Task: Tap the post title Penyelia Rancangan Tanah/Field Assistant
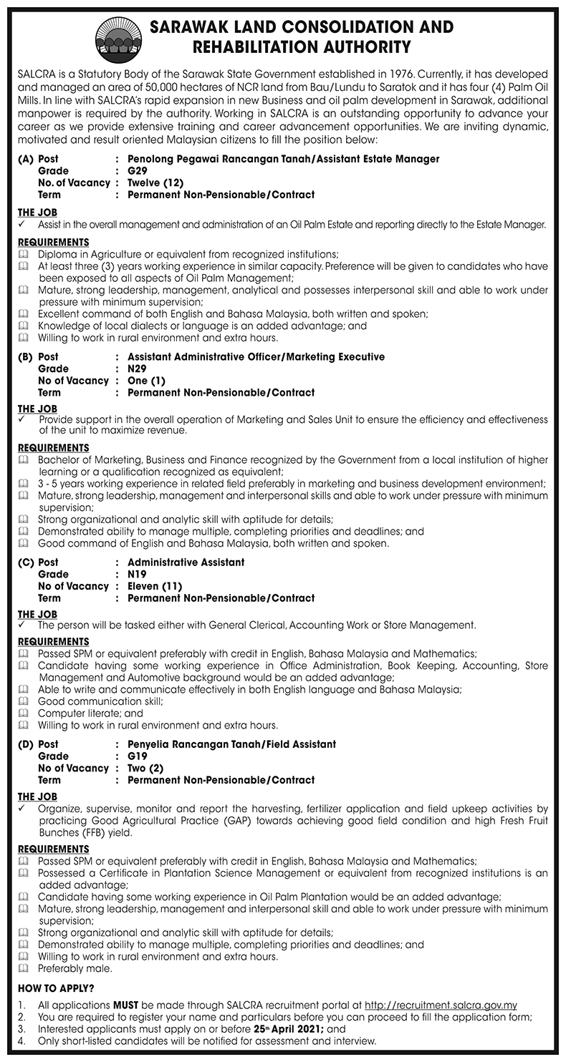pos(231,744)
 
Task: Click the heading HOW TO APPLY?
pos(55,989)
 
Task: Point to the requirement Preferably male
pos(75,969)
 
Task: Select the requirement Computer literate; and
pos(90,713)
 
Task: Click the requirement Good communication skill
pos(100,701)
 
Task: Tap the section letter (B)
pos(26,356)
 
